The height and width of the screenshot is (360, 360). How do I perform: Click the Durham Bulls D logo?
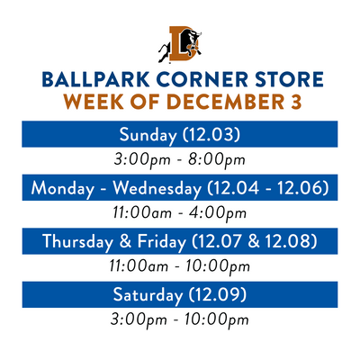180,44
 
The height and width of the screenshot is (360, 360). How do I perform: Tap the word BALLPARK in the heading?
95,79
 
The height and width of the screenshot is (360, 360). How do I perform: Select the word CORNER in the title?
202,79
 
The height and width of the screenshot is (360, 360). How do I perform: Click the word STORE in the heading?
289,79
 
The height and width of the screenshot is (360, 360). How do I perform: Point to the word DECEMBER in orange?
225,102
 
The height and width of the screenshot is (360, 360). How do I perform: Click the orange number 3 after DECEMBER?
296,102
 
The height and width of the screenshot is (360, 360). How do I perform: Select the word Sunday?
148,135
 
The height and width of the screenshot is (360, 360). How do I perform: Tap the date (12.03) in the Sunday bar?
211,134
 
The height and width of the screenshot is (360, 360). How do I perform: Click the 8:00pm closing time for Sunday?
217,160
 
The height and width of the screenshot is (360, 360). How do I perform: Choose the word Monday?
62,189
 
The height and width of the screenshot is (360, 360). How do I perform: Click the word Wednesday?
157,189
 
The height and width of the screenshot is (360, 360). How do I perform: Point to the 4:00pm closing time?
218,213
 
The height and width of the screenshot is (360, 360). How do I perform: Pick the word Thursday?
77,241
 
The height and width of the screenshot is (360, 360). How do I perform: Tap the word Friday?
162,241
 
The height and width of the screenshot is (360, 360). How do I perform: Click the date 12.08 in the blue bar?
291,241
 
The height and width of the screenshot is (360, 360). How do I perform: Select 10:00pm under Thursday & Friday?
217,266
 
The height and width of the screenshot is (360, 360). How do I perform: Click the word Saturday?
148,295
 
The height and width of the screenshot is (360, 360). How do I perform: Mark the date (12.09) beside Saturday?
218,294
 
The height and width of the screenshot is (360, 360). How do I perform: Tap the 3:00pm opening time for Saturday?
139,319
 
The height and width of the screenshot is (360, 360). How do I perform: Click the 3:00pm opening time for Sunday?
142,160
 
